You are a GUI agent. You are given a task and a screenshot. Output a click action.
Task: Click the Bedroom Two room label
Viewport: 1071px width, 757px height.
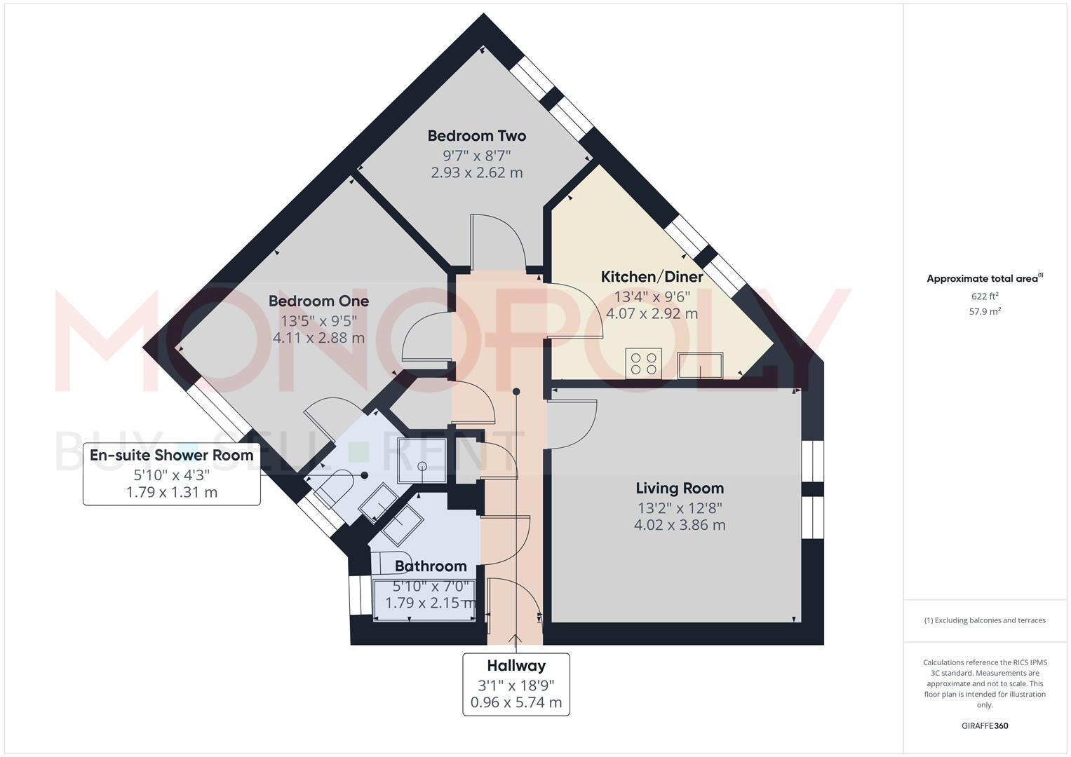click(476, 135)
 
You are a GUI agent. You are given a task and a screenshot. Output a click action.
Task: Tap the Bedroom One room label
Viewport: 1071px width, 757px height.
click(318, 301)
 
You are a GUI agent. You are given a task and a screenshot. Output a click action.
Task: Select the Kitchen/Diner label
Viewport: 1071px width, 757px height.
click(652, 277)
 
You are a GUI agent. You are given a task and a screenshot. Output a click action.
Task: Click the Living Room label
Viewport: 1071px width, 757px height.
click(679, 488)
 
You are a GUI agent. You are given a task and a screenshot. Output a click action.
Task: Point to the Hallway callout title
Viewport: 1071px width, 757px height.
click(516, 666)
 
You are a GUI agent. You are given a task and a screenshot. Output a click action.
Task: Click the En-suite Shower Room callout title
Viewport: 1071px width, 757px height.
click(171, 455)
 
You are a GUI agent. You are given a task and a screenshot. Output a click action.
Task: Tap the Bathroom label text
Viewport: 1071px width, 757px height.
click(430, 566)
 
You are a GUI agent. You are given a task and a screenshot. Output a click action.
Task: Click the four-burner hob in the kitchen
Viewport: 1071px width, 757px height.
click(643, 363)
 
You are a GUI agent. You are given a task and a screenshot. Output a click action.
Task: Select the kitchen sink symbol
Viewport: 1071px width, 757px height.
click(700, 364)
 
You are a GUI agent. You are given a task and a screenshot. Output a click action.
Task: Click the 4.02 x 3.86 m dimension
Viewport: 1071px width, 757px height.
click(679, 525)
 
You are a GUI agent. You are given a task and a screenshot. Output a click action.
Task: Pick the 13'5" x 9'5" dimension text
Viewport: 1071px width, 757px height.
click(318, 320)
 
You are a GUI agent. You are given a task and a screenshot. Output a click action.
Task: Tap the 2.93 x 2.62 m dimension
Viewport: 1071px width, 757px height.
click(476, 172)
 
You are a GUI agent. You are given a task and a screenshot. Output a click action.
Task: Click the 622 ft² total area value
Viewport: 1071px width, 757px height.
click(985, 296)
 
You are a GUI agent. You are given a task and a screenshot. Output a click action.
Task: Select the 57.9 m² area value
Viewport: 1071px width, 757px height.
click(985, 311)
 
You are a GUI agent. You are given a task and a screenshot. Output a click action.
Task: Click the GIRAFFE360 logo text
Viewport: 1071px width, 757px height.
click(985, 725)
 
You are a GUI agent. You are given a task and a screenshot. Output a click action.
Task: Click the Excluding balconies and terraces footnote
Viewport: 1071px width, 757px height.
click(985, 620)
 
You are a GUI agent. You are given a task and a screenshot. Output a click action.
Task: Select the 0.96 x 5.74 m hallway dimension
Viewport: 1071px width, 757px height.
click(516, 702)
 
